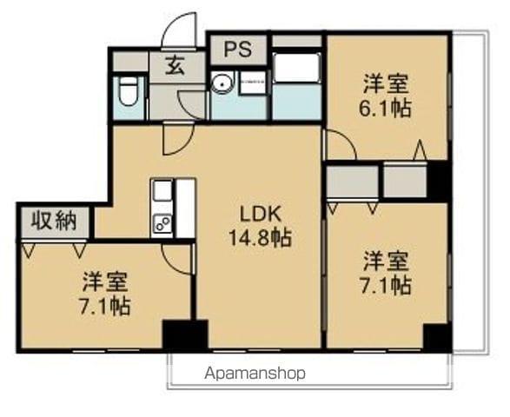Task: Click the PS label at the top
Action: [237, 49]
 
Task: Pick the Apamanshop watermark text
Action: [255, 374]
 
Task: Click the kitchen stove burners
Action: [163, 223]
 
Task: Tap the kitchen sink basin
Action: [163, 191]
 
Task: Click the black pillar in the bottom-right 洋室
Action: [437, 336]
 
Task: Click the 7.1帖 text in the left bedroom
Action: [107, 307]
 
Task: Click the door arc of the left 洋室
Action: [176, 260]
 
